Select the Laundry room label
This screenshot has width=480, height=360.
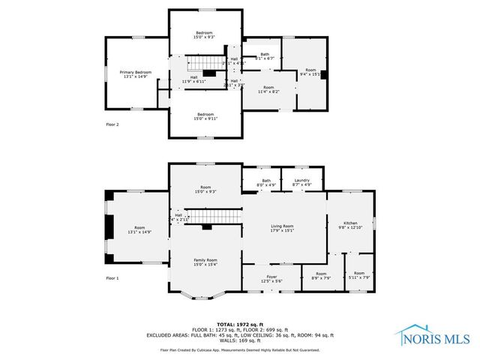[301, 181]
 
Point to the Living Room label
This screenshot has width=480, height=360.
[282, 228]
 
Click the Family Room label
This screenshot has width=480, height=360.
[205, 261]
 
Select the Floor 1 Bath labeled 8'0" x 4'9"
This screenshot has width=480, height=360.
[266, 181]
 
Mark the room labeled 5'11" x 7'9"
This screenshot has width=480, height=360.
[359, 275]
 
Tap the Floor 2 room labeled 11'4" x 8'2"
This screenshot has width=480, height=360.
[268, 89]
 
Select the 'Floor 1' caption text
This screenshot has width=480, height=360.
[112, 277]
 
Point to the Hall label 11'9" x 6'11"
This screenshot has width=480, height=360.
[193, 79]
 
